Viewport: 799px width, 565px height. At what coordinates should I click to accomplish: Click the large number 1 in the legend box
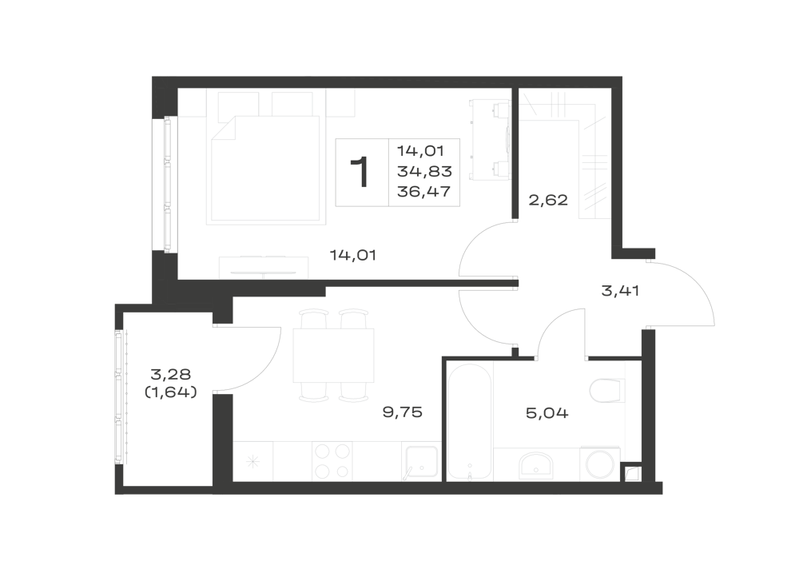pos(360,172)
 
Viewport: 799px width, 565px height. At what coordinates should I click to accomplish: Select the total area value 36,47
pos(424,192)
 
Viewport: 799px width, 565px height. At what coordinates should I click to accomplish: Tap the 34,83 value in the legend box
pos(424,172)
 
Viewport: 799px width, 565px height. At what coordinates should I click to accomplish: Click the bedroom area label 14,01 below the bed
pos(352,255)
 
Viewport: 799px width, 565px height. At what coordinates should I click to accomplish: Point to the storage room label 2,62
pos(548,200)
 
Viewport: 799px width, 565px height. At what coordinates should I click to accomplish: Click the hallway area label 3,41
pos(620,291)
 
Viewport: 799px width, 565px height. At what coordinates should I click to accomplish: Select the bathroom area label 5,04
pos(547,412)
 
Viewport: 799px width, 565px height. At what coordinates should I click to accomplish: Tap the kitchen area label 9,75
pos(403,412)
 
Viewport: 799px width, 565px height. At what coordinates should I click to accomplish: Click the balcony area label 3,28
pos(171,375)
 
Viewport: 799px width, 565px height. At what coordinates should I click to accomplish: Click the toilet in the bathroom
pos(607,391)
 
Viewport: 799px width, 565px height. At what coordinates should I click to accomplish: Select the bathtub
pos(470,422)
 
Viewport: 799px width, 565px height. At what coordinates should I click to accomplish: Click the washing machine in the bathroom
pos(600,464)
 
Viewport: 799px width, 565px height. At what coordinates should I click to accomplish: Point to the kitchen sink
pos(420,463)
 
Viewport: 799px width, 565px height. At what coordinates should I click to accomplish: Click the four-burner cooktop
pos(332,461)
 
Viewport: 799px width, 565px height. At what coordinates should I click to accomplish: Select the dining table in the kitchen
pos(333,356)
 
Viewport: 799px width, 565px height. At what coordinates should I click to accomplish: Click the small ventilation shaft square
pos(632,473)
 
